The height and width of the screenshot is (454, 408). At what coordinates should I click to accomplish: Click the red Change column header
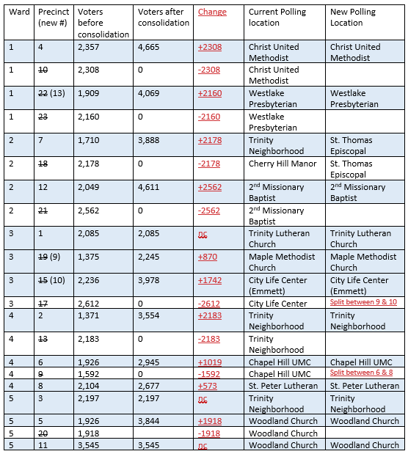click(x=212, y=12)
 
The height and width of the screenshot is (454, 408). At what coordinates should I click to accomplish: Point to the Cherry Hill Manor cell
click(x=283, y=164)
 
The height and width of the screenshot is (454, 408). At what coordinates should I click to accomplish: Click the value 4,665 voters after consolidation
click(x=152, y=47)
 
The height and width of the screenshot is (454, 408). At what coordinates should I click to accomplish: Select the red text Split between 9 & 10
click(x=364, y=303)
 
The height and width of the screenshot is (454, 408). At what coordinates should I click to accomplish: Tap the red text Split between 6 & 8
click(x=363, y=374)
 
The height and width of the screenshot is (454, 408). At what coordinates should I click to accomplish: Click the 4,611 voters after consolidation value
click(x=152, y=187)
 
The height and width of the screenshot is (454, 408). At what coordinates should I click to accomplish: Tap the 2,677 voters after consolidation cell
click(x=152, y=386)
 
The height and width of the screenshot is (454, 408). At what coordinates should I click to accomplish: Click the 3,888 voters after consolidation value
click(x=152, y=140)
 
